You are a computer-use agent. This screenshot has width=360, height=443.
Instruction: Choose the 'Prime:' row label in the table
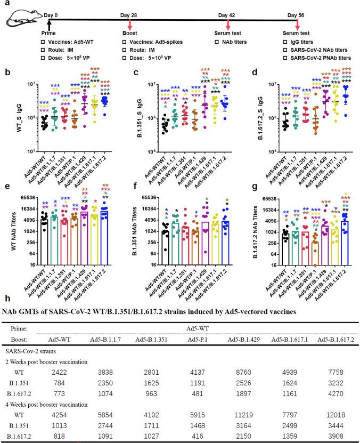tap(16, 329)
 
